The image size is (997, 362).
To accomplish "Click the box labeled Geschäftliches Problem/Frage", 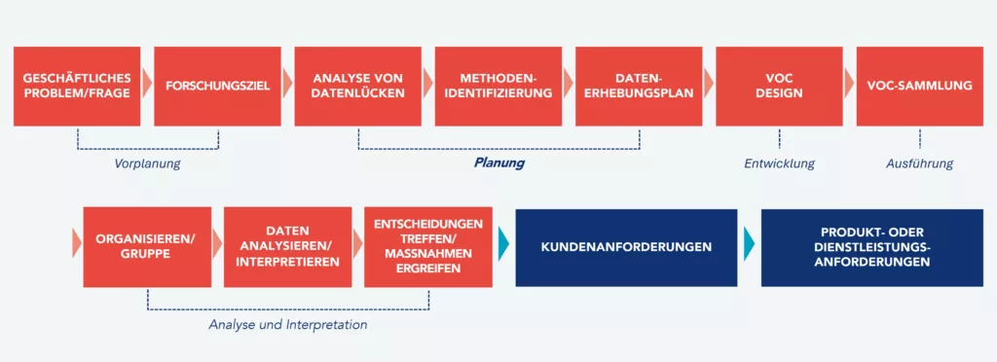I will (77, 86).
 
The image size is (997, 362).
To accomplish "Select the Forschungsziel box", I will (217, 86).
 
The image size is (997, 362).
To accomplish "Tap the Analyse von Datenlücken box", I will (357, 86).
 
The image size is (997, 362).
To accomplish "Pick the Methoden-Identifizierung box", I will (498, 86).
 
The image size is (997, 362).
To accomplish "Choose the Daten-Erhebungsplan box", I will (639, 86).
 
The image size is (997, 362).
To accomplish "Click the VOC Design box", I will (779, 86).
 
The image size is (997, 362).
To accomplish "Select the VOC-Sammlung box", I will (919, 86).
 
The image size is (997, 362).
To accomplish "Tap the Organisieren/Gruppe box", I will (147, 246).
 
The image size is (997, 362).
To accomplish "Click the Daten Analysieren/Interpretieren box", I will (287, 246).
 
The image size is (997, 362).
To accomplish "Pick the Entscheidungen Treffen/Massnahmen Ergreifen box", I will (427, 246).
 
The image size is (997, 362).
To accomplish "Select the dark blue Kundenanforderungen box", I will (626, 246).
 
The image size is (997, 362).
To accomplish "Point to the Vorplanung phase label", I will (148, 163).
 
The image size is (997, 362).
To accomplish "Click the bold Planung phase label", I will (498, 163).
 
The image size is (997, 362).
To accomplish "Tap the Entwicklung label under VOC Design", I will (779, 163).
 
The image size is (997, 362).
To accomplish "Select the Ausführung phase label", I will (919, 163).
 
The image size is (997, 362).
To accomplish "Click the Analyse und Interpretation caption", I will (288, 324).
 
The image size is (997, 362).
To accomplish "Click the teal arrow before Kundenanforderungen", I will (502, 246).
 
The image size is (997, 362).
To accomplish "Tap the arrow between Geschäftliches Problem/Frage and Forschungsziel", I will (147, 86).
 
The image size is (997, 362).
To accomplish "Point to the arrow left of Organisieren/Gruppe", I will (77, 246).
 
